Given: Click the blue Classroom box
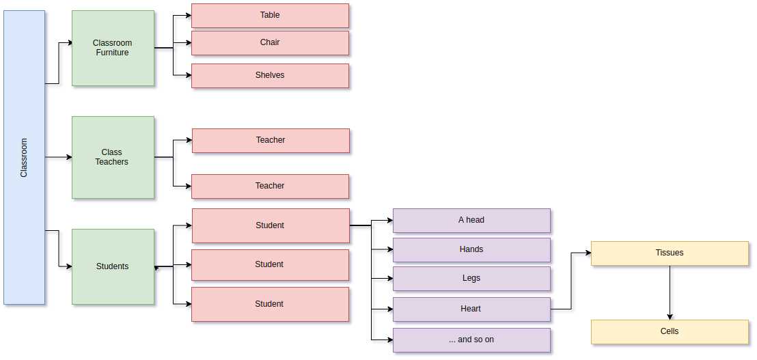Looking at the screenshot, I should click(x=24, y=157).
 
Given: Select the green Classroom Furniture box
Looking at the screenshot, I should click(x=113, y=48).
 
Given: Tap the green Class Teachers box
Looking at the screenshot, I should click(x=113, y=157).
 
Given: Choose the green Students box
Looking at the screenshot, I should click(x=113, y=266).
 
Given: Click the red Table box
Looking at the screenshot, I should click(x=270, y=16).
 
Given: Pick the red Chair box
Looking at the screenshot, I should click(x=270, y=43).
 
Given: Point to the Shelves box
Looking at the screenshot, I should click(x=270, y=76).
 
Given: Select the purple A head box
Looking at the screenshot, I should click(x=471, y=221).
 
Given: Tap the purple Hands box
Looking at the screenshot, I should click(x=471, y=250).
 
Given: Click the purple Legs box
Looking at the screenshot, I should click(x=471, y=279).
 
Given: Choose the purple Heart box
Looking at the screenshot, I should click(x=471, y=309).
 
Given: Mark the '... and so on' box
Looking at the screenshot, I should click(x=471, y=340).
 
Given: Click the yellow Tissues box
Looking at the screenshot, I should click(x=670, y=253).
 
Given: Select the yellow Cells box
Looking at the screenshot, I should click(x=670, y=332).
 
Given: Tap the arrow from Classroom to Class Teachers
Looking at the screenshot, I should click(x=58, y=157).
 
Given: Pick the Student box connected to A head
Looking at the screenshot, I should click(x=271, y=225).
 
